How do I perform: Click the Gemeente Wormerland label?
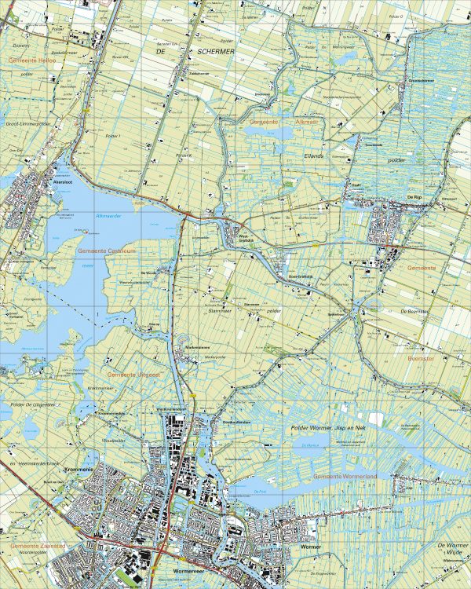344,477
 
